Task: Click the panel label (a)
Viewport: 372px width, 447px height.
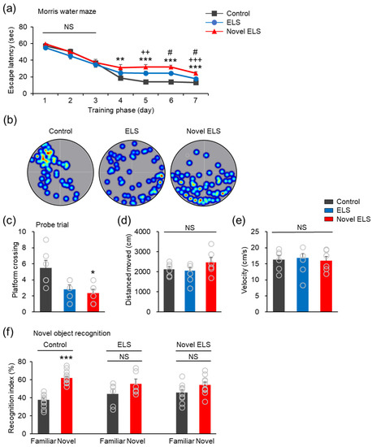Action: [x=9, y=7]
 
